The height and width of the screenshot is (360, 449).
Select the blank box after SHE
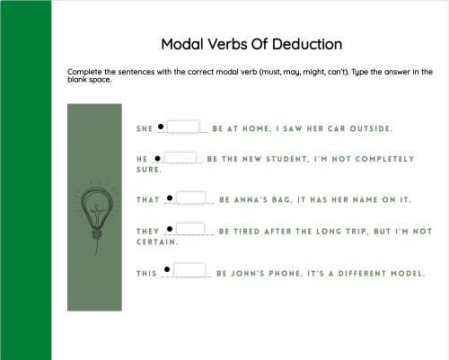point(183,127)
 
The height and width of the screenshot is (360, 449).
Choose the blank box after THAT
point(191,198)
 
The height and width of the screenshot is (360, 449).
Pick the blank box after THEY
point(191,230)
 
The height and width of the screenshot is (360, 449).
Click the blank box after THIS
point(189,269)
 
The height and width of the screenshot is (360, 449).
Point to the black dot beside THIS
point(167,269)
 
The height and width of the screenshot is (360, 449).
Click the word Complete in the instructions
point(84,71)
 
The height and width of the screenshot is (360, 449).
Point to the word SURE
point(136,170)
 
